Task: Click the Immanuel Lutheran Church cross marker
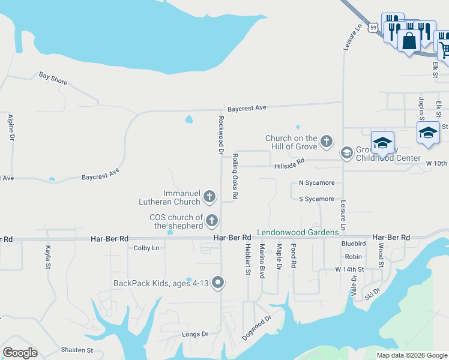[x=209, y=196]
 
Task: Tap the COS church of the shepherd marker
[x=211, y=221]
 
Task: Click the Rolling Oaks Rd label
[x=235, y=176]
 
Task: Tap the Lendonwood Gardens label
[x=297, y=233]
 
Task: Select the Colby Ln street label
[x=146, y=248]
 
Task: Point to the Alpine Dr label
[x=11, y=127]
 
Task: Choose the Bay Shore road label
[x=53, y=78]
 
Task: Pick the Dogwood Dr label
[x=257, y=327]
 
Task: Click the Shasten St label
[x=77, y=350]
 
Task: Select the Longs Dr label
[x=195, y=334]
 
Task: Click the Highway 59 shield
[x=373, y=28]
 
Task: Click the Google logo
[x=20, y=353]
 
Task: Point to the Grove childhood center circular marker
[x=346, y=153]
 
